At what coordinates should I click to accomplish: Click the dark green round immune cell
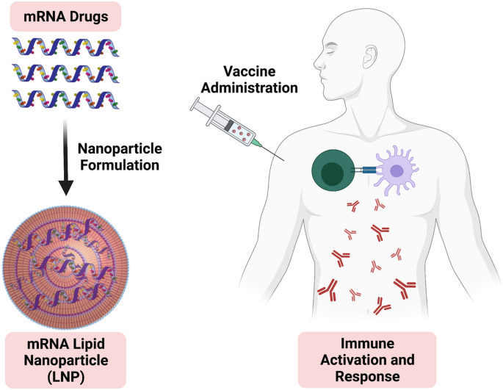(x=334, y=170)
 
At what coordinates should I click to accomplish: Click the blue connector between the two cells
(x=365, y=170)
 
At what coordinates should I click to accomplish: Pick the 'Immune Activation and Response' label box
(x=367, y=360)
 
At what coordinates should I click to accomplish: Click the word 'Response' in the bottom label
(x=367, y=375)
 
